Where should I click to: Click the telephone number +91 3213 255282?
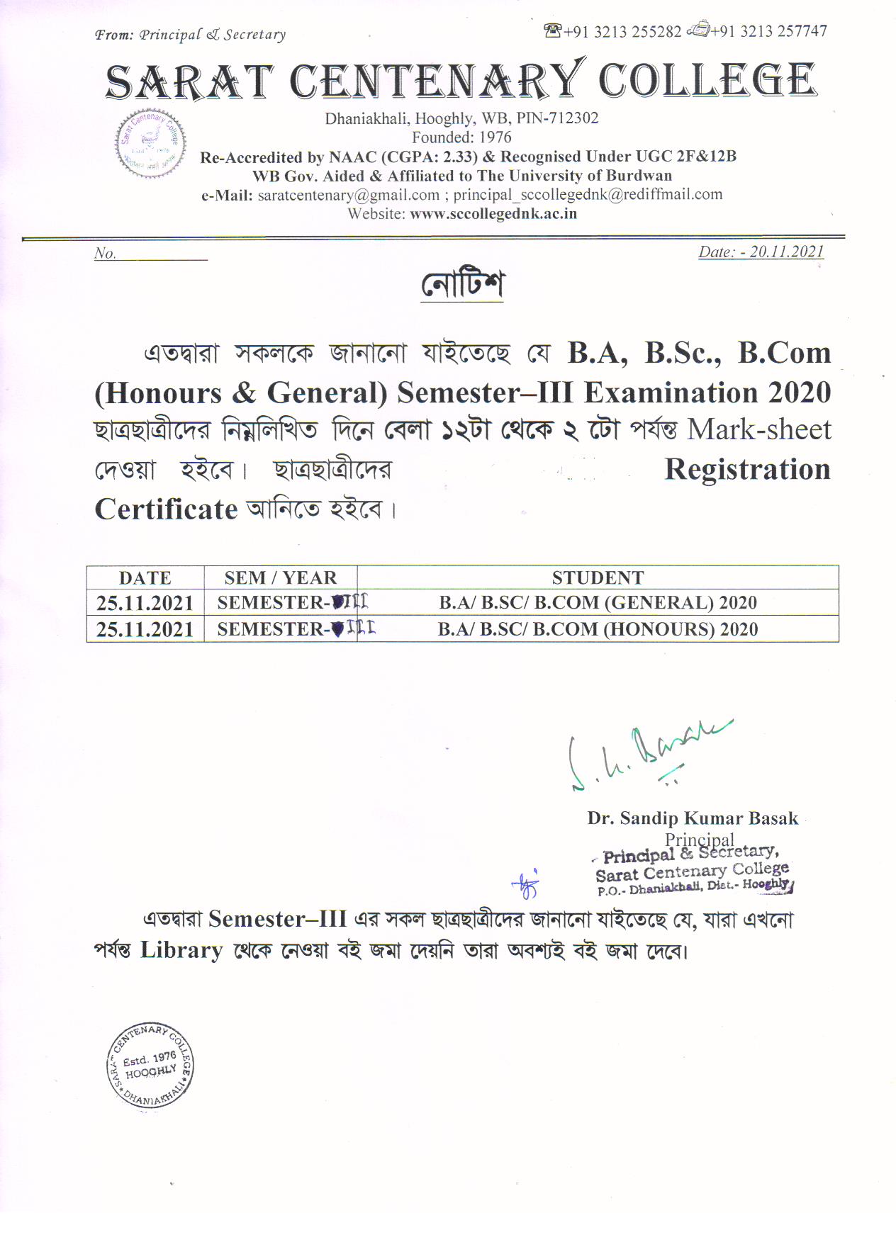[x=622, y=32]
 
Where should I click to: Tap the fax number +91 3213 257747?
[x=768, y=32]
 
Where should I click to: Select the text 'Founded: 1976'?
[x=461, y=137]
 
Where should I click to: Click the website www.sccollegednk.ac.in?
[x=493, y=214]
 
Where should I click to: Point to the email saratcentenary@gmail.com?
[x=348, y=196]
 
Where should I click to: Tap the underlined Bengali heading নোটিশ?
[x=462, y=285]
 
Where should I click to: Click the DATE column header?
[x=145, y=577]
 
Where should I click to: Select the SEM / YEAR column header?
[x=281, y=577]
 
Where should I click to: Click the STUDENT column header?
[x=598, y=577]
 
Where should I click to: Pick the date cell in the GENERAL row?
[x=145, y=603]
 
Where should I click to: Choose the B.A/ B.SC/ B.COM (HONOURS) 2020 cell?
[x=598, y=629]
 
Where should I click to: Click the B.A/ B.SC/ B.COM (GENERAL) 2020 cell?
[x=598, y=603]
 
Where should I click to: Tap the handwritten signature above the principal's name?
[x=645, y=755]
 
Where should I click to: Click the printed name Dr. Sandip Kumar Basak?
[x=692, y=819]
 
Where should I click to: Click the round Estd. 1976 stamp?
[x=150, y=1067]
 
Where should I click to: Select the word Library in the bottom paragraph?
[x=181, y=950]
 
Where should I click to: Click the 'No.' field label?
[x=105, y=254]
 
